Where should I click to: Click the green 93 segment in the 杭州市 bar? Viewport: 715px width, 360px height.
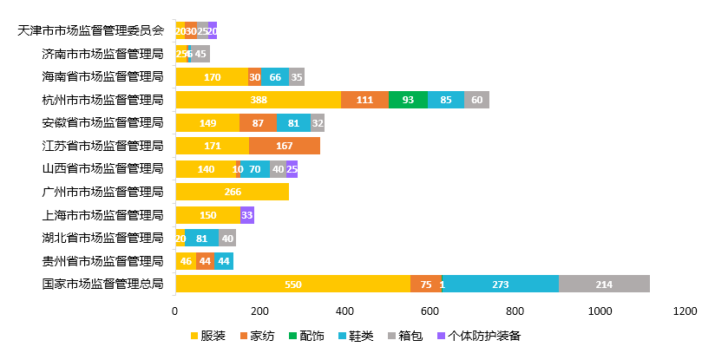pos(408,100)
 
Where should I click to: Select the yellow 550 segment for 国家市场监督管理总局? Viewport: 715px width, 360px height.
pos(292,284)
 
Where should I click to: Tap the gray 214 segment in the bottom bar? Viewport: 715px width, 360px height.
pos(604,284)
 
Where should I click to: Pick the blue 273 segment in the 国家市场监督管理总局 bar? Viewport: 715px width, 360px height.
pos(500,284)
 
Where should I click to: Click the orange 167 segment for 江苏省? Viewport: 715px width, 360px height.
pos(284,146)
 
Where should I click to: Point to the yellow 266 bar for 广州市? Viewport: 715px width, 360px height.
pos(232,192)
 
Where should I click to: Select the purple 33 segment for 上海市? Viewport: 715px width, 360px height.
pos(247,215)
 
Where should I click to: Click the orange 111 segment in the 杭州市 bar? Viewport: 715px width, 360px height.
pos(364,100)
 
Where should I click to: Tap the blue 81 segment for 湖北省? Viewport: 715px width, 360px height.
pos(201,238)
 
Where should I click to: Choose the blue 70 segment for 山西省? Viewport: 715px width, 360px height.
pos(255,169)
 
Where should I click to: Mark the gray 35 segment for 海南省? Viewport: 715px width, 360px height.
pos(297,77)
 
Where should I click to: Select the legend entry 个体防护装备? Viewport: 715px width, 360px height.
pos(479,336)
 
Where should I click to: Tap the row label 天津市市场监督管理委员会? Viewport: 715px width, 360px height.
pos(91,30)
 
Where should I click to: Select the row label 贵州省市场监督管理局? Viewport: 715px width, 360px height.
pos(102,260)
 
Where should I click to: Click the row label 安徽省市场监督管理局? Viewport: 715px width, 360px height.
pos(102,122)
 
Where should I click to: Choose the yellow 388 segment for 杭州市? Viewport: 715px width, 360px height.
pos(259,100)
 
